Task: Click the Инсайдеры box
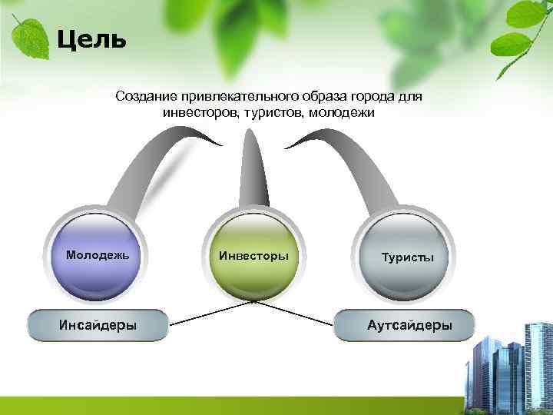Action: click(98, 325)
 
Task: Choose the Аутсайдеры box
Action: click(405, 325)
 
